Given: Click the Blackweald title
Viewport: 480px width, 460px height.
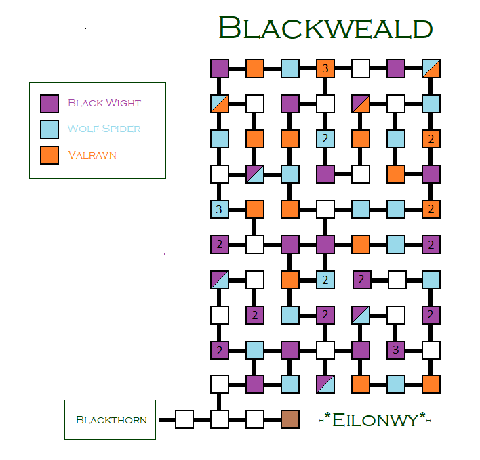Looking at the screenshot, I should coord(325,28).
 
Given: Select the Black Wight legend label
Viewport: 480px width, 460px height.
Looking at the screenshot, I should coord(104,103).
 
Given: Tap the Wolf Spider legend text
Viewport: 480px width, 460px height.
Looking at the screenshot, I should coord(104,128).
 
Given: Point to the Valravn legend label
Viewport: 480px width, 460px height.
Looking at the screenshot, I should coord(92,154).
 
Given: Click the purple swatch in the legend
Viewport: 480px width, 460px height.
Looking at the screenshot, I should coord(49,103).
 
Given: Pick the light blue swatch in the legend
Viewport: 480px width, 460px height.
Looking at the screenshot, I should coord(49,129).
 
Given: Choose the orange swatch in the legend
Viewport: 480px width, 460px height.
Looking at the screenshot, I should coord(49,154).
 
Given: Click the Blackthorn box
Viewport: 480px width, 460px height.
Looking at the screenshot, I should coord(110,419).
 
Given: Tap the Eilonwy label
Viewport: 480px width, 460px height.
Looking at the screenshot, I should coord(375,419).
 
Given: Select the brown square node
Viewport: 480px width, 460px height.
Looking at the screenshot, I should coord(290,419).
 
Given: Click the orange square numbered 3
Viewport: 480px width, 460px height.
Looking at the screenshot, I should coord(325,68).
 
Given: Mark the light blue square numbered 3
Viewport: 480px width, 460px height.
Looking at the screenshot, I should coord(219,209).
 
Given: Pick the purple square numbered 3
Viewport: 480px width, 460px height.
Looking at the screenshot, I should coord(396,350).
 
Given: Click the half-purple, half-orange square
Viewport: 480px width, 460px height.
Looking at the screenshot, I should coord(361,104).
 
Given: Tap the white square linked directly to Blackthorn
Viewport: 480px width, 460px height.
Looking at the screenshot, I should coord(184,419).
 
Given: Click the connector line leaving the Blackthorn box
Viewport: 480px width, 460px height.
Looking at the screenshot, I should coord(165,419).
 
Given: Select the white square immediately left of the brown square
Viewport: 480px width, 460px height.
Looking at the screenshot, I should coord(255,419).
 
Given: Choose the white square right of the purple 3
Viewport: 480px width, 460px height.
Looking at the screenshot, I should coord(431,350).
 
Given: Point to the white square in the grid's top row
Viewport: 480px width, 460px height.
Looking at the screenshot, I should coord(361,68).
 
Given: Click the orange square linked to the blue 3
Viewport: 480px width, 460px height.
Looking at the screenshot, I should coord(255,209).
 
